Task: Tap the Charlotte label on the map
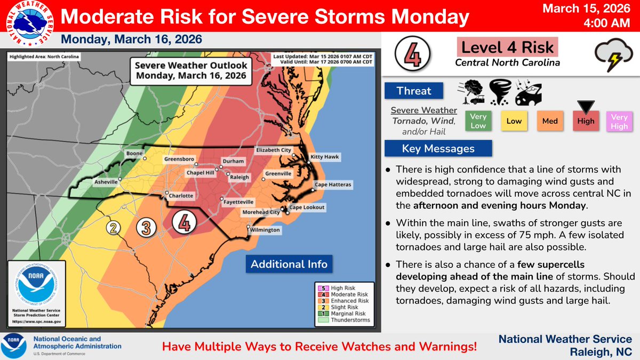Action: coord(181,196)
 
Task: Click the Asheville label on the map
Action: coord(106,182)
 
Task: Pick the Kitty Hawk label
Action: coord(325,157)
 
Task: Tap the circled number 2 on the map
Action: coord(113,228)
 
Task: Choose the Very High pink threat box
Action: coord(619,121)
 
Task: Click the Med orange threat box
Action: coord(549,121)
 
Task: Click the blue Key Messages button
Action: coord(438,149)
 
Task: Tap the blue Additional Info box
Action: coord(289,264)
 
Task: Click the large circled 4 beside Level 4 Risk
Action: coord(410,55)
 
